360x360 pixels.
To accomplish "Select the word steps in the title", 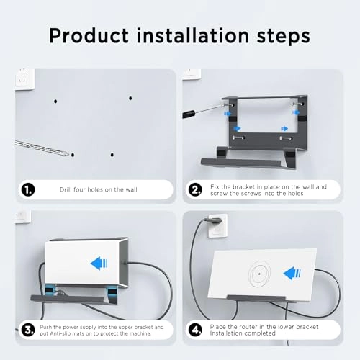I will (x=279, y=35).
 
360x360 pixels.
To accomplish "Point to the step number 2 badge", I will (x=195, y=189).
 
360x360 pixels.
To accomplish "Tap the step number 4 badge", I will (x=195, y=330).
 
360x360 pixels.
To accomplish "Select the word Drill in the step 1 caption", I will (x=67, y=189).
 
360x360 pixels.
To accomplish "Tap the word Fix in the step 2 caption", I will (x=215, y=186).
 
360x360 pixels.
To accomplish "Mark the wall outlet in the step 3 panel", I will (x=22, y=216).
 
